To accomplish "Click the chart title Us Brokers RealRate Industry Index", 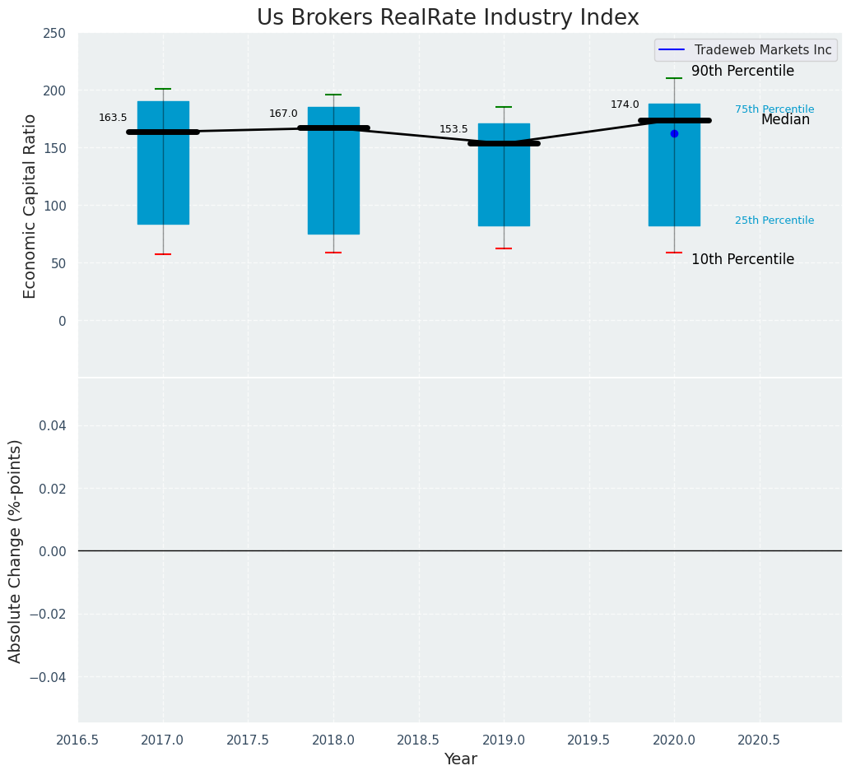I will click(448, 18).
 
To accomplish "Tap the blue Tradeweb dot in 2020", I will click(674, 133).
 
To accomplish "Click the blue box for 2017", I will click(163, 181).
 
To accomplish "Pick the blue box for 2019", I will click(504, 185).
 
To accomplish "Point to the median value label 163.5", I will click(113, 118).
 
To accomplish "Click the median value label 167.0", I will click(283, 114).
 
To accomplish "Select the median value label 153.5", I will click(453, 129).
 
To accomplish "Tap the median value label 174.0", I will click(625, 104).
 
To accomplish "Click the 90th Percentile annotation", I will click(742, 72).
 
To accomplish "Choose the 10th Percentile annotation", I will click(742, 260).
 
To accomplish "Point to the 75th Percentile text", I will click(774, 109).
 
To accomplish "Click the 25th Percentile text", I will click(774, 220).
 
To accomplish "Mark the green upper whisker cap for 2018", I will click(333, 95).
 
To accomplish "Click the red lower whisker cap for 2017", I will click(163, 254).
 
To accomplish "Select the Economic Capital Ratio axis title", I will click(30, 206).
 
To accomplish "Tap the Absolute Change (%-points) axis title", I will click(16, 550).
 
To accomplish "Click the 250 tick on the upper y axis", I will click(55, 34).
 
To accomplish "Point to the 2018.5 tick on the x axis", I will click(419, 740).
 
